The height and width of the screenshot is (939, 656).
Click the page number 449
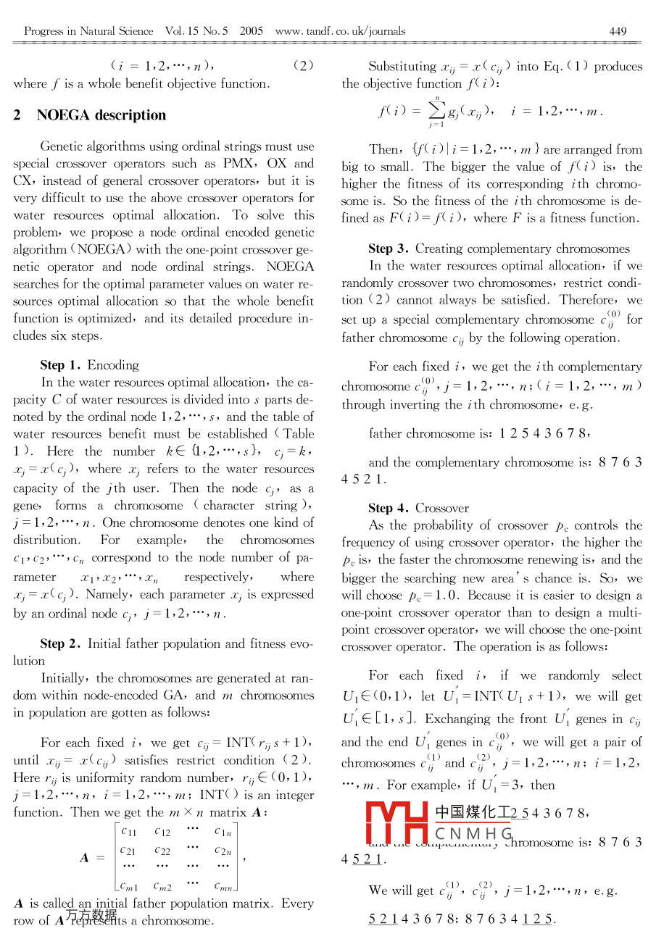[x=618, y=31]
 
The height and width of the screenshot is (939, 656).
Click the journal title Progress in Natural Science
[x=88, y=31]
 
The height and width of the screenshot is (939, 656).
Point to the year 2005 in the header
[x=251, y=31]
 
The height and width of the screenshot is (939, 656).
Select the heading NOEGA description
[x=101, y=115]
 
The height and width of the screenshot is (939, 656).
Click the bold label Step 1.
[x=62, y=365]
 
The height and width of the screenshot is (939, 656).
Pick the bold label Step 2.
[x=62, y=643]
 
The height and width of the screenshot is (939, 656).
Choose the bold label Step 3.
[x=390, y=249]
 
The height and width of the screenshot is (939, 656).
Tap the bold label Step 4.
[x=390, y=508]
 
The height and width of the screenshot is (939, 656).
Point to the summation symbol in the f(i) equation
[x=436, y=110]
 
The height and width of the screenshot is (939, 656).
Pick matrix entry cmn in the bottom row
[x=223, y=885]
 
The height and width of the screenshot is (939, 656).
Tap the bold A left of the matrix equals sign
[x=85, y=858]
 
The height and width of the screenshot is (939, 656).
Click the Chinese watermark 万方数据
[x=91, y=915]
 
